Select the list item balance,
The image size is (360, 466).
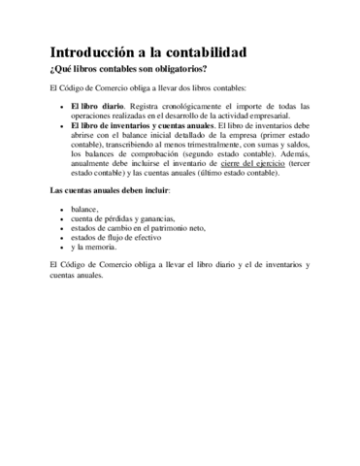pyautogui.click(x=84, y=209)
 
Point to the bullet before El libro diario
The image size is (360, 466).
pyautogui.click(x=61, y=106)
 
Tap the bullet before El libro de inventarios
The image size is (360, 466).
pyautogui.click(x=61, y=125)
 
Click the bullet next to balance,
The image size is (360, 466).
pyautogui.click(x=61, y=210)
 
